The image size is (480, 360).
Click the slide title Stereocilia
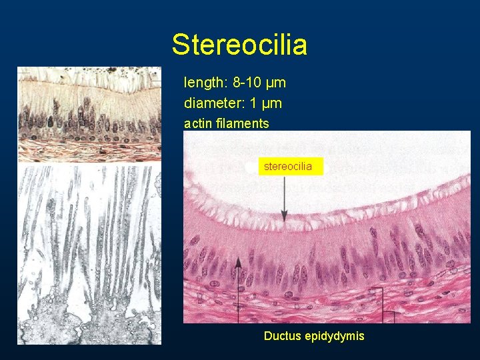(x=239, y=45)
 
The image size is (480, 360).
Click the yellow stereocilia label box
(x=289, y=166)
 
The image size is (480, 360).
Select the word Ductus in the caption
(x=283, y=336)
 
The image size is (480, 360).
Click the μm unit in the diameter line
(x=272, y=103)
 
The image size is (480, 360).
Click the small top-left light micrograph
(x=89, y=113)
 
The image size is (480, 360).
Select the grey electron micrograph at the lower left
(x=89, y=253)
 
